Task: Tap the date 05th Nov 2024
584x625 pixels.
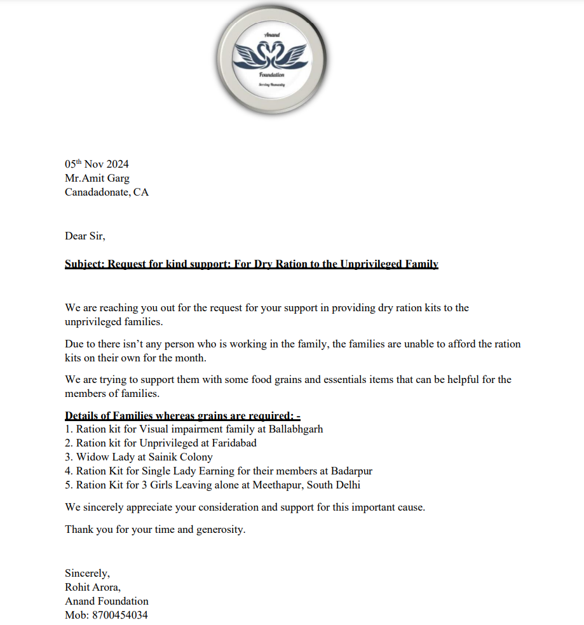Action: tap(97, 165)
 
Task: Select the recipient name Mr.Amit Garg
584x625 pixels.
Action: tap(97, 178)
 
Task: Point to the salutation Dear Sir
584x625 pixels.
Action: tap(85, 236)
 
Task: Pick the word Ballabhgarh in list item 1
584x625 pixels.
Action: tap(295, 429)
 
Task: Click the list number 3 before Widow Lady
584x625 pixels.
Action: tap(68, 457)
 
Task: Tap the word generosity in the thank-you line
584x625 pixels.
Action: tap(219, 529)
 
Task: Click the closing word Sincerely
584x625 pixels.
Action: tap(86, 574)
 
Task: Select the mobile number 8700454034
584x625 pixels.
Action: tap(121, 615)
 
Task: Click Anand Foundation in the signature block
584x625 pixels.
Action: tap(107, 601)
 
